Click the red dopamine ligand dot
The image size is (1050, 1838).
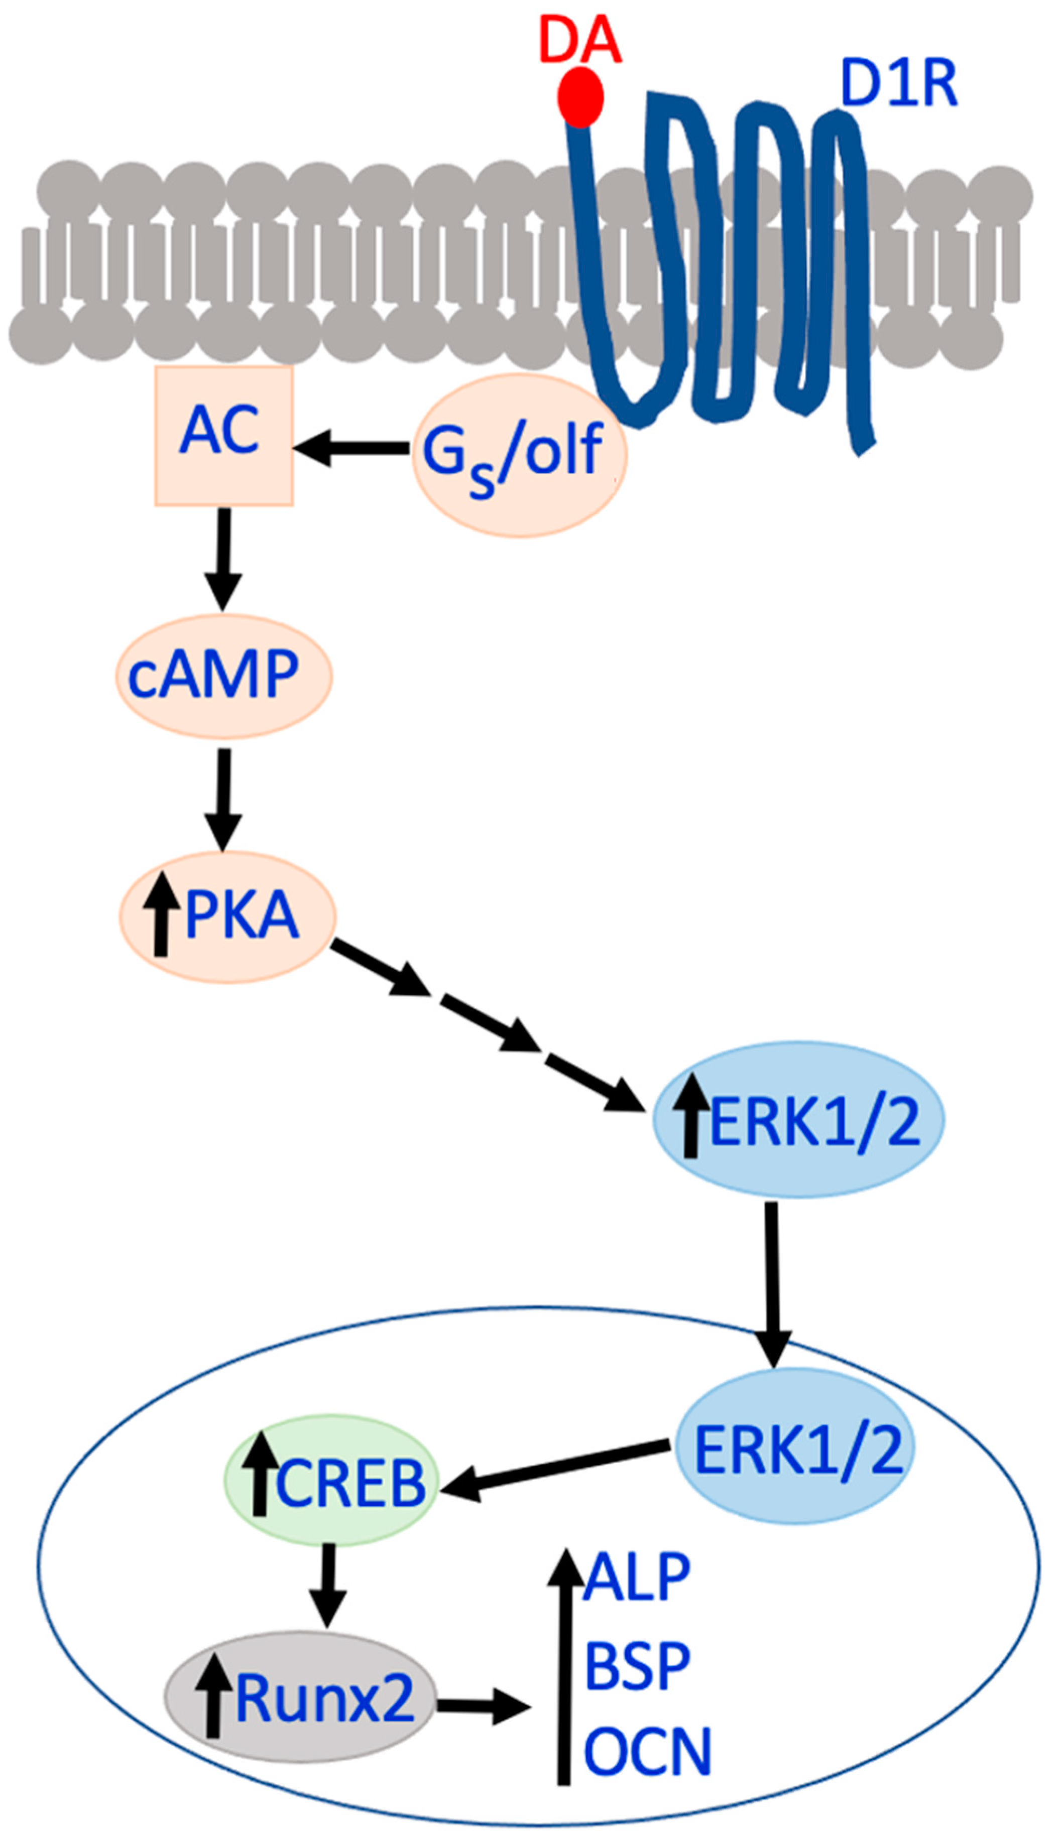click(580, 97)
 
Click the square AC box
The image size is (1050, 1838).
click(223, 435)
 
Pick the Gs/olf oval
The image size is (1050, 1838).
click(519, 455)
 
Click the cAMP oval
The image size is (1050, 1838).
click(223, 676)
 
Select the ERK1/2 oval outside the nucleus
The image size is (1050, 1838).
click(798, 1121)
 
